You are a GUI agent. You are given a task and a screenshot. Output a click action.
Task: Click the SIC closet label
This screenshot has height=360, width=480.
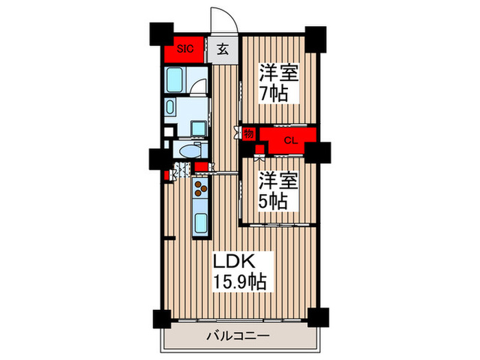185,49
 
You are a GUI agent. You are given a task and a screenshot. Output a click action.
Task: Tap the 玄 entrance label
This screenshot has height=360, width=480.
223,49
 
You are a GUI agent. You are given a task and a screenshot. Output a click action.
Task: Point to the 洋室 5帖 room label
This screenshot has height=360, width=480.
277,191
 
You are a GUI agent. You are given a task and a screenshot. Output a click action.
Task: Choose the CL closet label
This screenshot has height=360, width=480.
290,141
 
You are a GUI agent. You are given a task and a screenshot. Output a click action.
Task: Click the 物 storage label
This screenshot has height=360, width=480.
248,133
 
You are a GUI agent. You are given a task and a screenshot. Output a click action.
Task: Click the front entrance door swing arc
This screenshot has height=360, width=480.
222,20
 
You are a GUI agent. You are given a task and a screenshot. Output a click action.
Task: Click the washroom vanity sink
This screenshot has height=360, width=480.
171,107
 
